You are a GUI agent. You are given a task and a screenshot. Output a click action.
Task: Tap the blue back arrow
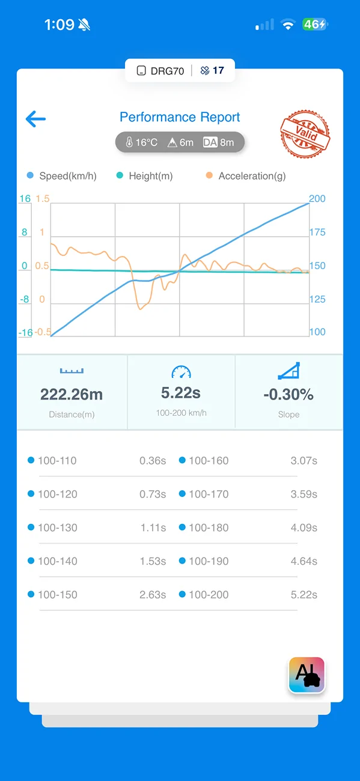click(35, 119)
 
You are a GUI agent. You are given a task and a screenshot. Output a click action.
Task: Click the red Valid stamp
click(305, 133)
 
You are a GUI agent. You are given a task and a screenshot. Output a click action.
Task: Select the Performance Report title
click(180, 117)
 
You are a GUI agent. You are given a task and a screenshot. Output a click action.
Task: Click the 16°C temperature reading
click(142, 142)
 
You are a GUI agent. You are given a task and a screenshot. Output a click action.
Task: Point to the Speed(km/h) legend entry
click(62, 175)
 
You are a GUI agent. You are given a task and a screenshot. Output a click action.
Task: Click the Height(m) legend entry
click(144, 175)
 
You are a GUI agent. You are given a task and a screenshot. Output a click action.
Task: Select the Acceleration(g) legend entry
click(246, 175)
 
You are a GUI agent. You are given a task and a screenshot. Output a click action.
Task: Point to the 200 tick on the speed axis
click(317, 198)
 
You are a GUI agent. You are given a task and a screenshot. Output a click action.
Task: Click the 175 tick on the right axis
click(317, 232)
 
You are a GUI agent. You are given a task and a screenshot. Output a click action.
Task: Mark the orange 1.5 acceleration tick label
click(43, 199)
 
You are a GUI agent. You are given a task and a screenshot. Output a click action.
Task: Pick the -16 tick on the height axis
click(25, 333)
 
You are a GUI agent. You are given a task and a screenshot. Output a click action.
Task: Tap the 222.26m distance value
click(72, 394)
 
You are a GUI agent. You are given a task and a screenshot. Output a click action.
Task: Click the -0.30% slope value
click(288, 394)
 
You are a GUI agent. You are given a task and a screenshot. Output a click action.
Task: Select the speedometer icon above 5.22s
click(181, 372)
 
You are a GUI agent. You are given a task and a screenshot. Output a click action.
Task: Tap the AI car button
click(307, 675)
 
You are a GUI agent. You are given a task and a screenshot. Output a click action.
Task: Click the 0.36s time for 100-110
click(153, 461)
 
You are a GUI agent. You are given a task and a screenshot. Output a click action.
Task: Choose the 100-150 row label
click(58, 595)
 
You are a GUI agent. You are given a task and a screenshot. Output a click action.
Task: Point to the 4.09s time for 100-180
click(304, 527)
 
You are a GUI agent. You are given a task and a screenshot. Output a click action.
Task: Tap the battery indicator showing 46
click(315, 25)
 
